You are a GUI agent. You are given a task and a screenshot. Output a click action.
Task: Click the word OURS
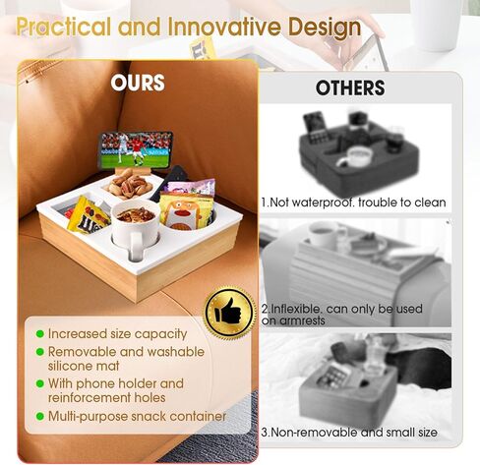coord(138,83)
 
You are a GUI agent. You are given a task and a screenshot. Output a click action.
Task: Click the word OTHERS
coord(350,87)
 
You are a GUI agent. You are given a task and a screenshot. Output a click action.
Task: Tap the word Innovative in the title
coord(226,27)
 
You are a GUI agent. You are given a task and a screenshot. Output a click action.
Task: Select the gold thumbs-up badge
coord(229,313)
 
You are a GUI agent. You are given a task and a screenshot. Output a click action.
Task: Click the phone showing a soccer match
coord(136,150)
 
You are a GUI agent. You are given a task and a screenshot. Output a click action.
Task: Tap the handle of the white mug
coord(137,247)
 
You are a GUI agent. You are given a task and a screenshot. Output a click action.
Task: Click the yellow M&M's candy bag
coord(88,215)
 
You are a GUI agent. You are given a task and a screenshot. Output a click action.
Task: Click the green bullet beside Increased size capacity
coord(40,334)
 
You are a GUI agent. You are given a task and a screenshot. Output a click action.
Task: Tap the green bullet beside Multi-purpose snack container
coord(40,416)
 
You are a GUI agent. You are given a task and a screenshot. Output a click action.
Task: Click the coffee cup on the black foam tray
coord(355,156)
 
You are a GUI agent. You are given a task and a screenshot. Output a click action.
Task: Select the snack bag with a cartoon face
coord(185,209)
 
